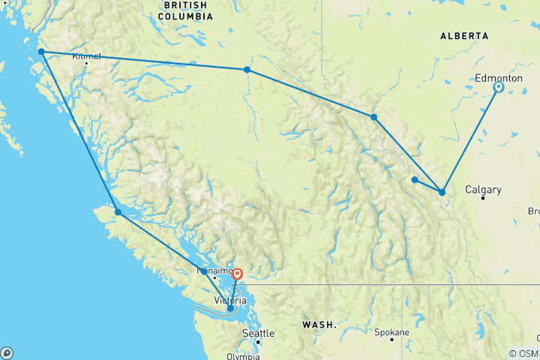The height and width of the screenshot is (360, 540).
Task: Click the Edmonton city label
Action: pos(499,78)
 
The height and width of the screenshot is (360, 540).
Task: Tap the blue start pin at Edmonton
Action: pos(498,88)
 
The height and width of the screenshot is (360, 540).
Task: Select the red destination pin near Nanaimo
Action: pos(237,274)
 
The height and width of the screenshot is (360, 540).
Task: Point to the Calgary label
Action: pos(483,190)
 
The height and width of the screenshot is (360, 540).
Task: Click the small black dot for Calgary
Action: pos(484,199)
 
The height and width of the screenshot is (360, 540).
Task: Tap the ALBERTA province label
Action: pos(464,35)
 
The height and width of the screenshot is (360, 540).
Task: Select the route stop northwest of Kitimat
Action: pos(41,52)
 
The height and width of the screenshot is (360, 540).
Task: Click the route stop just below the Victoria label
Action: pos(230,308)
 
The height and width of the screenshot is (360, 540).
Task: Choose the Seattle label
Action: pos(258,333)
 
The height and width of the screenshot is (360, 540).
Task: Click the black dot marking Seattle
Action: pos(258,342)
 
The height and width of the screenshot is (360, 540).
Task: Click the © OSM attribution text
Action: pos(523,353)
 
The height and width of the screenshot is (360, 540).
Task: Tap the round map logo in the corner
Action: pos(7,352)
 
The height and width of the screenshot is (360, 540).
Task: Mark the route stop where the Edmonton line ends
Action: pos(442,192)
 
